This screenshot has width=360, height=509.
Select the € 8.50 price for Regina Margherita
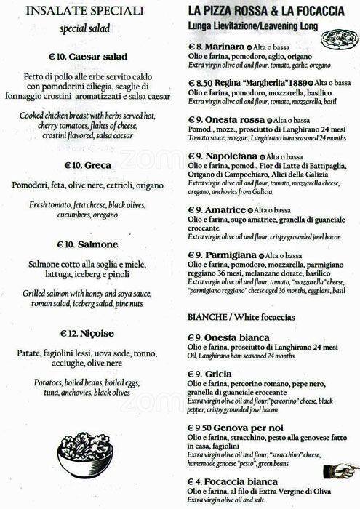[197, 84]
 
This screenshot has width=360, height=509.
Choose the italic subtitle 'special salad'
[89, 28]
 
